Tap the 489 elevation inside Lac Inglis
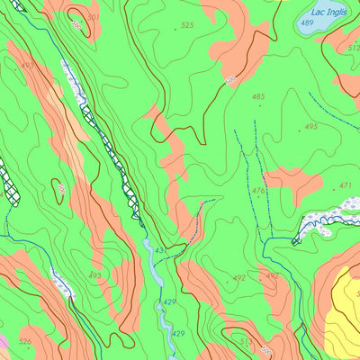coord(307,23)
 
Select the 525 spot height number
coord(187,25)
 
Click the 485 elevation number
coord(258,96)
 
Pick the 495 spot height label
coord(311,126)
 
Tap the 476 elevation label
coord(258,190)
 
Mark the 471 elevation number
coord(345,185)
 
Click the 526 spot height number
coord(24,341)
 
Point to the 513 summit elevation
coord(246,341)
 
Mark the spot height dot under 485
coord(259,105)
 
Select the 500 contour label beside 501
coord(76,26)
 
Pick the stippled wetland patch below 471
coord(324,218)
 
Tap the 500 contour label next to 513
coord(266,349)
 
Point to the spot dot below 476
coord(259,200)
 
